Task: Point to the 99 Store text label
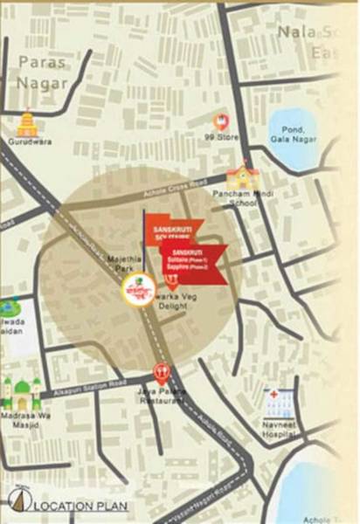tap(220, 138)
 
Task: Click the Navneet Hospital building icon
tap(279, 402)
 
